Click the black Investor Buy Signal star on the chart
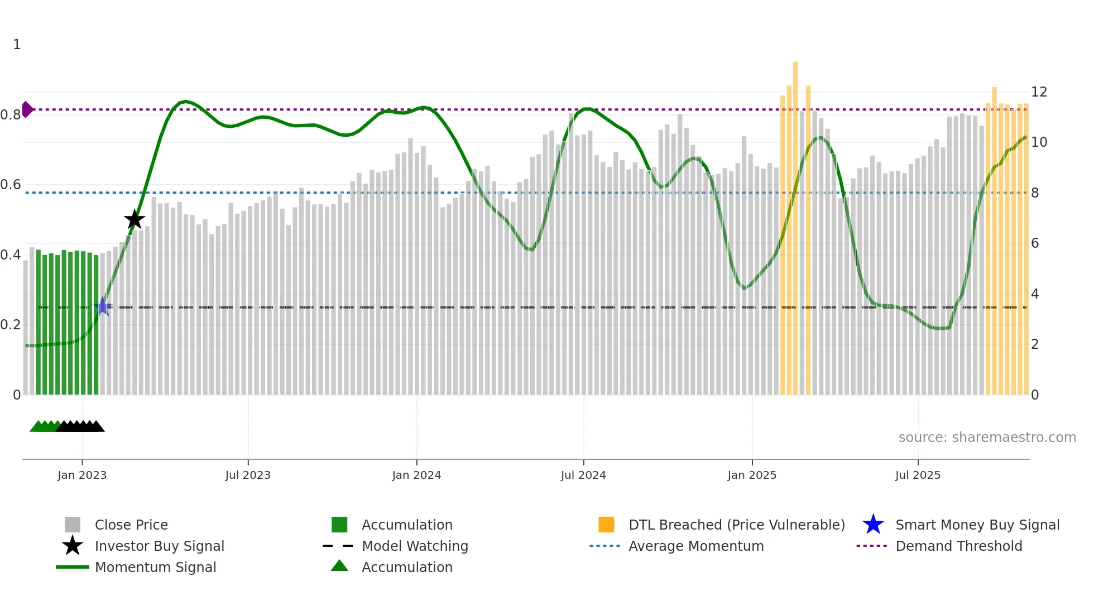(134, 220)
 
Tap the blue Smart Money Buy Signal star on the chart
(103, 306)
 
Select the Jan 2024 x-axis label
(416, 475)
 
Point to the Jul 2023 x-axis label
(248, 475)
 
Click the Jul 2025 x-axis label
(918, 475)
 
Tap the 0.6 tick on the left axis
(11, 185)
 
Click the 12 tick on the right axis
(1039, 92)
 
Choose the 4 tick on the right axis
(1035, 294)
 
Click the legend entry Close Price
(131, 525)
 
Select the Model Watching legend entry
(415, 546)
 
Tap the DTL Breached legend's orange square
(606, 525)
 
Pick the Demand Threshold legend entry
(958, 546)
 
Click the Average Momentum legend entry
(696, 546)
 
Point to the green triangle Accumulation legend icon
(339, 566)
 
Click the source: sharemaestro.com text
(987, 438)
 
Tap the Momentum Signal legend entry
(155, 568)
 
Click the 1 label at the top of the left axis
(17, 45)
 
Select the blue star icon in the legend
(873, 525)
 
